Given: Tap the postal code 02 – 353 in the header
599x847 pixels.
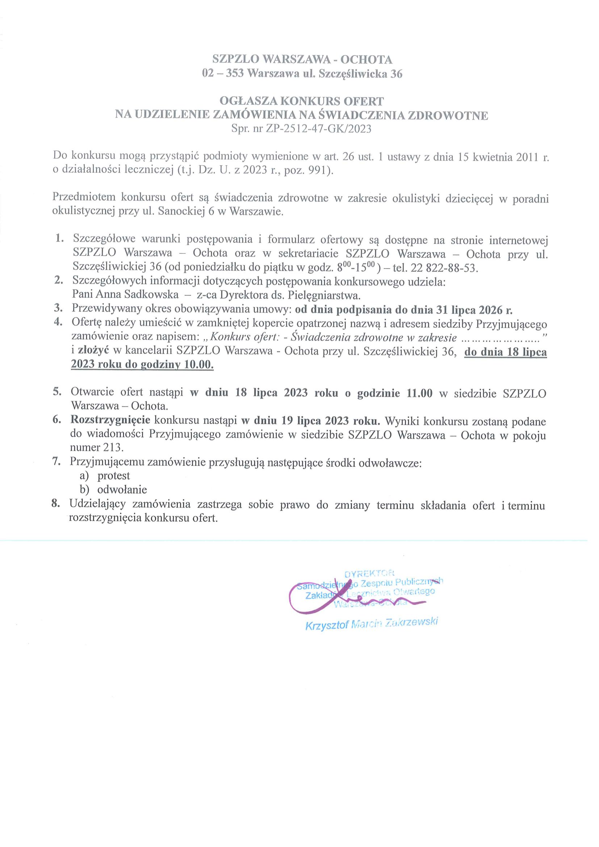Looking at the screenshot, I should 223,74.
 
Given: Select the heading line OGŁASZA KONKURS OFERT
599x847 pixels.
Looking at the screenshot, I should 301,101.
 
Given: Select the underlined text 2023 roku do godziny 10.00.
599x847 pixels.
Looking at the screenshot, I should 142,365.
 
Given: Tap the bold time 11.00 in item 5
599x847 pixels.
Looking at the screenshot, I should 419,393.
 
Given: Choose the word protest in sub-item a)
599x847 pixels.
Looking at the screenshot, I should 114,476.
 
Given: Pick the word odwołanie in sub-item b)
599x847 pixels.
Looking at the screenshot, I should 122,490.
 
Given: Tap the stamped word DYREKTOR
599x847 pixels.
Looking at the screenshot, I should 369,574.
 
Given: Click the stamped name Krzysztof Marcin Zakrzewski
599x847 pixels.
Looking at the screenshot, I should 372,625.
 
